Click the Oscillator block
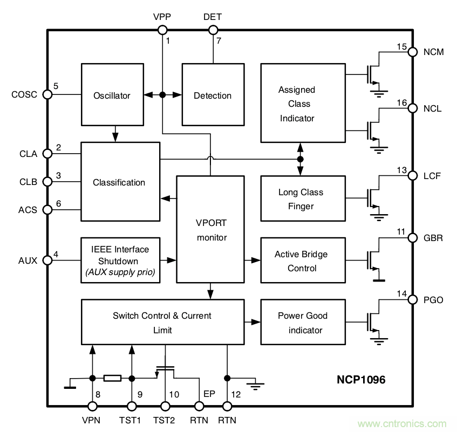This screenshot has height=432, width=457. (x=112, y=95)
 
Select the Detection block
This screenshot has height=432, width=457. (x=212, y=95)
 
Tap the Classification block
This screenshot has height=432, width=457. (x=120, y=182)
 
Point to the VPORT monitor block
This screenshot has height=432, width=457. (x=211, y=229)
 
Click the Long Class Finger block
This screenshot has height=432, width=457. (x=302, y=199)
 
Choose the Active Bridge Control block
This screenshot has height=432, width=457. (x=302, y=261)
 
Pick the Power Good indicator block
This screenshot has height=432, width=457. (x=302, y=323)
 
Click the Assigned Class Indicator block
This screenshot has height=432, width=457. (x=302, y=104)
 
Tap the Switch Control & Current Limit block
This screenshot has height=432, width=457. (x=162, y=323)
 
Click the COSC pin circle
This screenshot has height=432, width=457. (x=47, y=94)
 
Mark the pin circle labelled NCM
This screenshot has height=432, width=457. (x=412, y=52)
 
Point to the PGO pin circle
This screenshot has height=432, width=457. (x=412, y=299)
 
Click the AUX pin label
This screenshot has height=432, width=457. (x=28, y=260)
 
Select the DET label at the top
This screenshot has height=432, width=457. (x=212, y=17)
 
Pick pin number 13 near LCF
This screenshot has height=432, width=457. (x=401, y=170)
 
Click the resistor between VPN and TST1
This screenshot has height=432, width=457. (x=112, y=378)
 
